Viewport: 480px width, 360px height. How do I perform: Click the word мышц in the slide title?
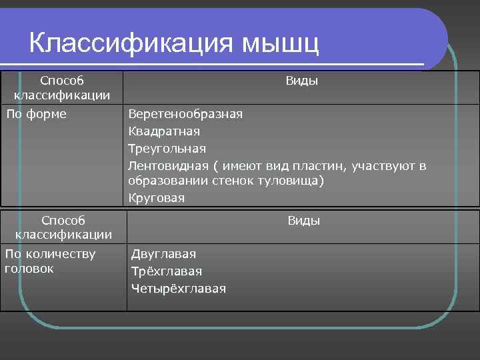(x=280, y=44)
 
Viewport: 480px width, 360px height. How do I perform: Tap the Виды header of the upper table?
(x=301, y=81)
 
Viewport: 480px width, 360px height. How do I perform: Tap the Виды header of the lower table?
(x=303, y=221)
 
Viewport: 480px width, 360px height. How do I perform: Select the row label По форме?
(x=37, y=114)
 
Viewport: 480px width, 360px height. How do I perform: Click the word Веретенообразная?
(x=185, y=114)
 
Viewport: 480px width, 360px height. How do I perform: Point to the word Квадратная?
(x=164, y=131)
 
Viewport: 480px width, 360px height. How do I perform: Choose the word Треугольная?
(x=167, y=148)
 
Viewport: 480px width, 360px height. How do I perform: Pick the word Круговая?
(x=157, y=198)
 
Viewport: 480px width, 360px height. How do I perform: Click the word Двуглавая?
(x=163, y=253)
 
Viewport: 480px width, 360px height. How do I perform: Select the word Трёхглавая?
(x=167, y=271)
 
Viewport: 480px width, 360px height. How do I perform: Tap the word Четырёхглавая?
(x=179, y=289)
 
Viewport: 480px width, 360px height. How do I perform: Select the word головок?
(x=29, y=268)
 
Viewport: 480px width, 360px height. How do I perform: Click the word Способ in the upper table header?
(x=62, y=81)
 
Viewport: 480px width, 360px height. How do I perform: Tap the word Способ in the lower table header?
(x=63, y=219)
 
